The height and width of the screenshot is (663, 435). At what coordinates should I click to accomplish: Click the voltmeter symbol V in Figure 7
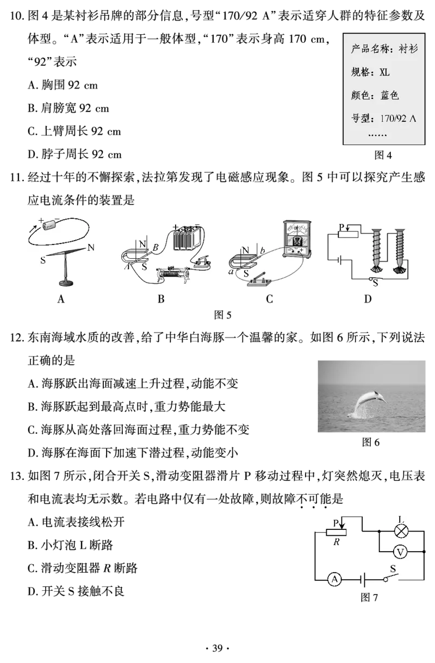point(400,552)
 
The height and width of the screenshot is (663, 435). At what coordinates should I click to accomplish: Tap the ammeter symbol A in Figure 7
point(334,579)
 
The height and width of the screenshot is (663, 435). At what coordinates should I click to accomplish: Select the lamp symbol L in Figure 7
point(401,531)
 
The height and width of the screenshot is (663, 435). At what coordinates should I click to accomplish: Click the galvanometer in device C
point(296,239)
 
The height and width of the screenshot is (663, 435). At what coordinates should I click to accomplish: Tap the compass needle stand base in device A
point(66,283)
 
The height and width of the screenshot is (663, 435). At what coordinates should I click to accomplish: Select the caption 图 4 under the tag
point(383,155)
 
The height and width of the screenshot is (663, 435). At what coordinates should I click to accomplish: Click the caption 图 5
point(222,315)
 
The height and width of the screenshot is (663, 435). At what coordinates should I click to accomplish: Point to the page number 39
point(217,648)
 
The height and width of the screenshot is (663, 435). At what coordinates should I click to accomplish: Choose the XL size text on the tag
point(384,72)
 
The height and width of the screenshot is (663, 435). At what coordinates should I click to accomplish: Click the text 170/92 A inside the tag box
point(398,118)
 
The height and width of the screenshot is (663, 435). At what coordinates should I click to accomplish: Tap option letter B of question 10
point(32,108)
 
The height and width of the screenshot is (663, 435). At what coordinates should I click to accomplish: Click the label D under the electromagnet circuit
point(368,299)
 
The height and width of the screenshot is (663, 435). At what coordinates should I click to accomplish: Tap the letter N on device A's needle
point(91,247)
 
